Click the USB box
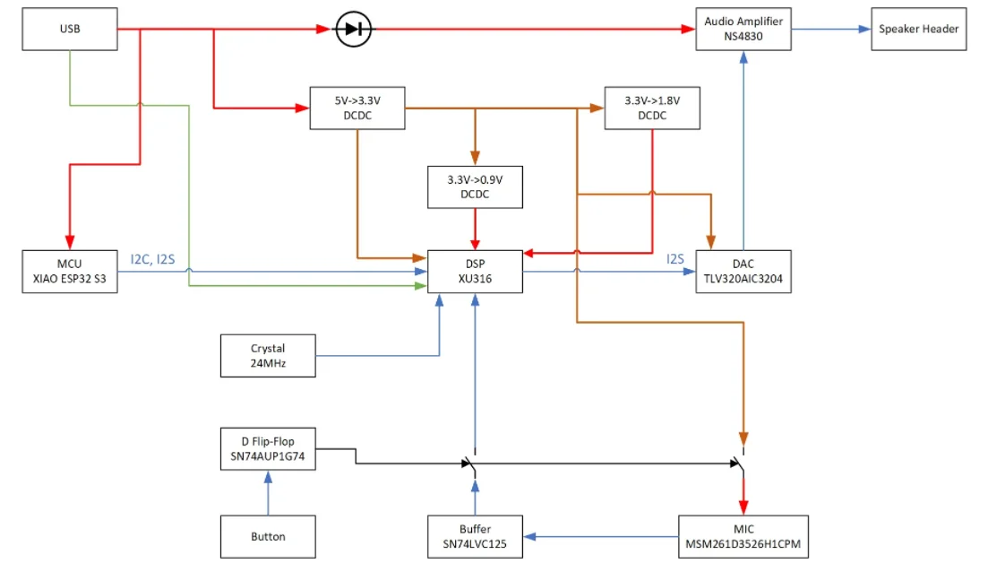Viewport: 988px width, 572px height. [x=70, y=29]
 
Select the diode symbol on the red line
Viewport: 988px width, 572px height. [x=353, y=30]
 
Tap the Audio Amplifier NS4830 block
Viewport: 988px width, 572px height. [x=743, y=29]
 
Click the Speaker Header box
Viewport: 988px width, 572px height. [x=918, y=29]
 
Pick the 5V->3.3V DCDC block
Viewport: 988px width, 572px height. [x=357, y=108]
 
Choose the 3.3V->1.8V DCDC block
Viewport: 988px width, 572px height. [x=652, y=108]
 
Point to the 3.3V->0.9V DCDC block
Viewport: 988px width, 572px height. [x=475, y=186]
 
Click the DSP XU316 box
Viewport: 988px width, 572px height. [x=475, y=271]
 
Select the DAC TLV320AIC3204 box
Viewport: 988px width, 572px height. [x=743, y=271]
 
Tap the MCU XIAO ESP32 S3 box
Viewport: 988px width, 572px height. [x=70, y=271]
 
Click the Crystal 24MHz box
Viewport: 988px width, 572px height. [x=268, y=355]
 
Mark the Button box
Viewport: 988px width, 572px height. [x=268, y=536]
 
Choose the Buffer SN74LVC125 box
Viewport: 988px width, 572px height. [x=475, y=536]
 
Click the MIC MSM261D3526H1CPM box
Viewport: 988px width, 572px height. [x=743, y=536]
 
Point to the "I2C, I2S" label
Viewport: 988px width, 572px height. [x=153, y=259]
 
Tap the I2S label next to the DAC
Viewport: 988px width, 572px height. [x=675, y=259]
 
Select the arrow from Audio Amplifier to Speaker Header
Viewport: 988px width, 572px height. [x=830, y=29]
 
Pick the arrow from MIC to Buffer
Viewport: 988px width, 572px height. [x=600, y=536]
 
